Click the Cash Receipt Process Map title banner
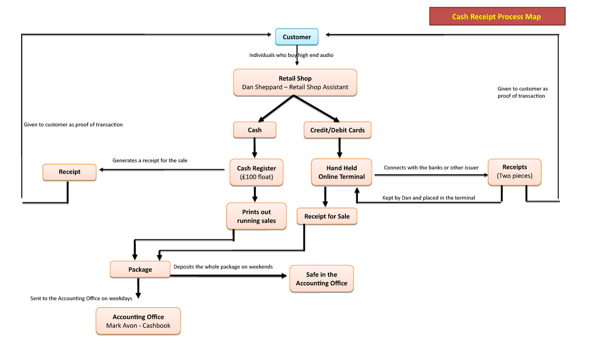click(497, 17)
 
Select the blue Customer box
click(296, 37)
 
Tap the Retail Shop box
click(295, 82)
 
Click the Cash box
click(254, 130)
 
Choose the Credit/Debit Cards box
click(338, 130)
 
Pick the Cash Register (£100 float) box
click(256, 172)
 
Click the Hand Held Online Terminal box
click(341, 172)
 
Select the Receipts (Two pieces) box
click(514, 172)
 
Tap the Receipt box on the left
click(70, 172)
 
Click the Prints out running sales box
click(256, 216)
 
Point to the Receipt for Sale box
click(327, 216)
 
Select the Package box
click(140, 269)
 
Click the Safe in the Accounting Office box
click(322, 279)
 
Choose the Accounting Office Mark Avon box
click(138, 321)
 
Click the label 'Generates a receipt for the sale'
click(150, 160)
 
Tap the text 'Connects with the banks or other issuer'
click(431, 167)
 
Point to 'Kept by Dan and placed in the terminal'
click(428, 198)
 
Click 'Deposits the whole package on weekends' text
click(223, 267)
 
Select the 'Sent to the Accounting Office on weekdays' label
click(81, 298)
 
